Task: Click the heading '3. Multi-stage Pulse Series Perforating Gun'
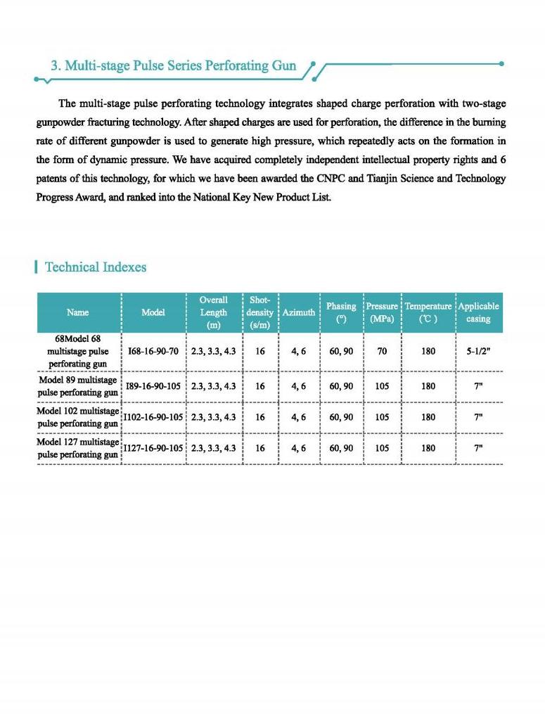173,66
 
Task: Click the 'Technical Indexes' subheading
95,267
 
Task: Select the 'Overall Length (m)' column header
213,312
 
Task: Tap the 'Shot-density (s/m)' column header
259,312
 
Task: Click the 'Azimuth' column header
299,312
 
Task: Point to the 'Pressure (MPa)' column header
382,312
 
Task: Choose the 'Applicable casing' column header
478,312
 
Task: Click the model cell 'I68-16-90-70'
153,350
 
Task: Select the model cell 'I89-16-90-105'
153,386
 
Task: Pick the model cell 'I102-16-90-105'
153,417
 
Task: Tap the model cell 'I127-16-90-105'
153,448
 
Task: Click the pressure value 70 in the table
382,350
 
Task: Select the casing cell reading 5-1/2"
478,350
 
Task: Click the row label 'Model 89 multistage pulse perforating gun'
77,386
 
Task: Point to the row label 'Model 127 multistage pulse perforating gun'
77,448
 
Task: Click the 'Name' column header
77,312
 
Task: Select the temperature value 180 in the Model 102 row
428,417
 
